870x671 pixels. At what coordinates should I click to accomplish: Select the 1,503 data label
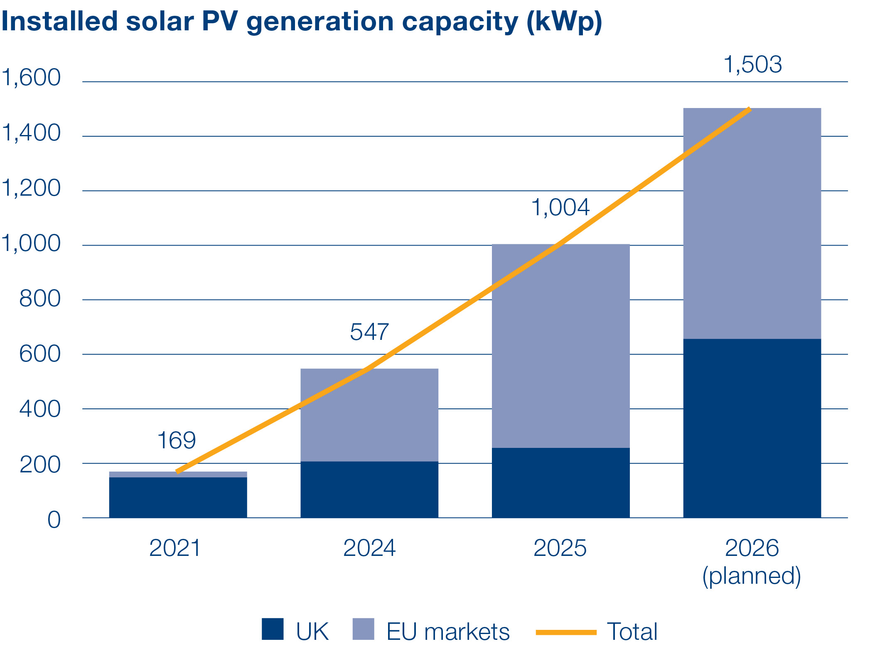[x=752, y=65]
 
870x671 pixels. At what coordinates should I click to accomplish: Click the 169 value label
[x=177, y=440]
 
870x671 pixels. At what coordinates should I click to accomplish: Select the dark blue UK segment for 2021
[x=178, y=497]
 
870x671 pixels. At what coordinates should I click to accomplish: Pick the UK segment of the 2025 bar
[x=560, y=482]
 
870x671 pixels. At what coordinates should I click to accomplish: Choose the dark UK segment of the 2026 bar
[x=752, y=428]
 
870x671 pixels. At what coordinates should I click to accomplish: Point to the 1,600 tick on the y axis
[x=32, y=77]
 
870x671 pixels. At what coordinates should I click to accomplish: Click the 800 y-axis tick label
[x=40, y=298]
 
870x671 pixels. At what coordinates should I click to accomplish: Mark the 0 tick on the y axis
[x=54, y=520]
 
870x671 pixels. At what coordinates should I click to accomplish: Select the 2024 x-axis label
[x=369, y=548]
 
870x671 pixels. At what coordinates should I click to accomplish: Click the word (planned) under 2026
[x=751, y=576]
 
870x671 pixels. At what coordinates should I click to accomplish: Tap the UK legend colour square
[x=273, y=629]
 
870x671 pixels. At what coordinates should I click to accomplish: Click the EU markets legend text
[x=448, y=632]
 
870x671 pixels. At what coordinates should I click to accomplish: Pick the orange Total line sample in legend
[x=566, y=632]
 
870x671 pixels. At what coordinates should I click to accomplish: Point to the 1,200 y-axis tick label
[x=32, y=188]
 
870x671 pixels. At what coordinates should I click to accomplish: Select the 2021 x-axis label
[x=175, y=548]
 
